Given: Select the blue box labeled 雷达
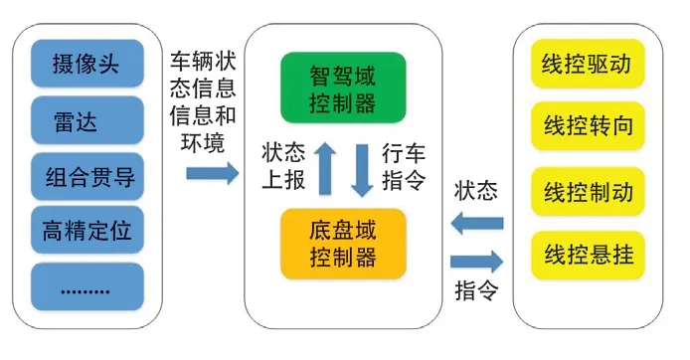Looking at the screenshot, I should pos(87,123).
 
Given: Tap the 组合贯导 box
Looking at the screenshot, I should pos(87,179).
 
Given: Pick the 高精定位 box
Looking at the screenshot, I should pos(87,234).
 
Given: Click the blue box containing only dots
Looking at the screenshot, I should pos(87,288).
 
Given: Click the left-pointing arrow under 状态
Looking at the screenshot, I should pos(477,226).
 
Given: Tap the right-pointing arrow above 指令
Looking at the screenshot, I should pos(477,263).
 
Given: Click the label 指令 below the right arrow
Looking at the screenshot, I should pos(476,292).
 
